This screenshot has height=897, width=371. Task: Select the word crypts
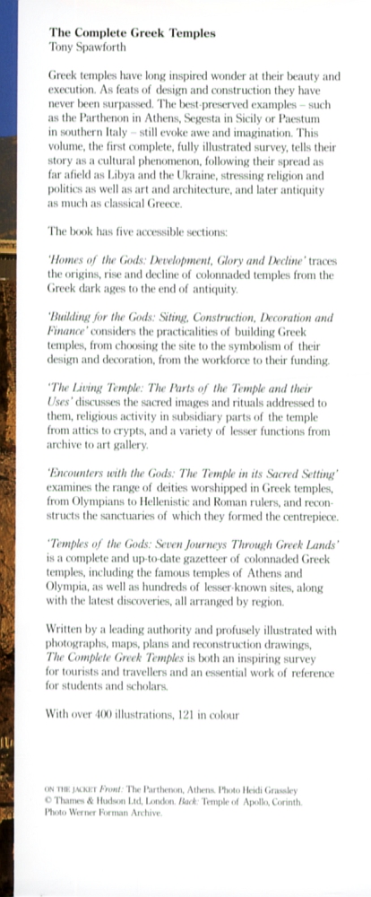(x=140, y=432)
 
